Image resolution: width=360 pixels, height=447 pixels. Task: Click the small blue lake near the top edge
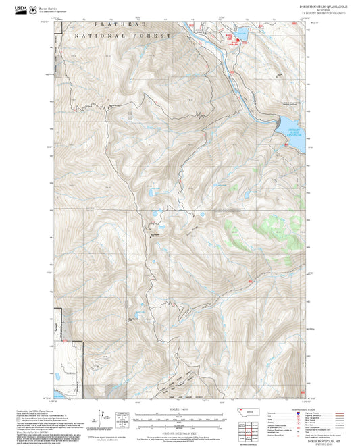coord(240,31)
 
